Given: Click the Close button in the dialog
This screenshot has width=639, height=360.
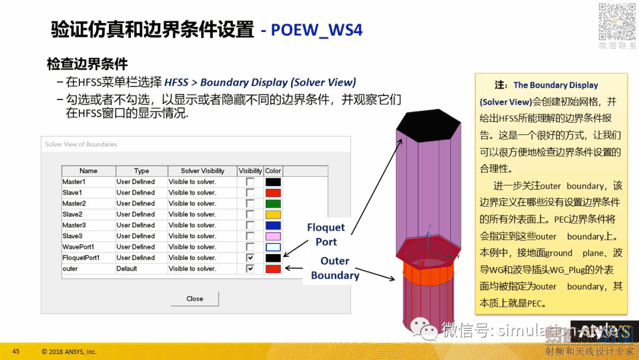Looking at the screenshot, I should [x=195, y=298].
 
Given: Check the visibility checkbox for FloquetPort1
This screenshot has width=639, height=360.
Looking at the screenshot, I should [x=250, y=258].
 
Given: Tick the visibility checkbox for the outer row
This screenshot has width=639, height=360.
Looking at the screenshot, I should [x=250, y=268].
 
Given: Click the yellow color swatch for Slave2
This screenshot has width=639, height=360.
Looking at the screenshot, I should [x=273, y=214].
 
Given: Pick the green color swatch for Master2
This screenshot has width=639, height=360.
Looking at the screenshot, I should [x=273, y=204].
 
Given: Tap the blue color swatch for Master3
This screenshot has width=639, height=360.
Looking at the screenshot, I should [x=273, y=225].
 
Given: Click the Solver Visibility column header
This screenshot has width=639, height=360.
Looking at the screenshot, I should [x=202, y=171].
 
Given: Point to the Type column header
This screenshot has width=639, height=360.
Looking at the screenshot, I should [x=141, y=171].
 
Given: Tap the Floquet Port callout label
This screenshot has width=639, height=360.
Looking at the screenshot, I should [x=326, y=234].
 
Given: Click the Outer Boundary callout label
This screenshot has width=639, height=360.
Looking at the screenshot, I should [x=335, y=268].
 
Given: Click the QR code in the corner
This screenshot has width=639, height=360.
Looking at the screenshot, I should [x=617, y=21].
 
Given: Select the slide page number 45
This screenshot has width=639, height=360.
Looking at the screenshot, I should [x=16, y=351].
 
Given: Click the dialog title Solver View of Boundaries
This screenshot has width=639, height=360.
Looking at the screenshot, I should [x=81, y=144].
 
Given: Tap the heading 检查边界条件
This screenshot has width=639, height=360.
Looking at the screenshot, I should [x=88, y=64].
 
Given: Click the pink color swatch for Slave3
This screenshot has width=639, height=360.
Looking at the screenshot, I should [x=273, y=236].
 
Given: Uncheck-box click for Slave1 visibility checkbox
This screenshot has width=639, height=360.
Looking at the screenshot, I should [x=250, y=192].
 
